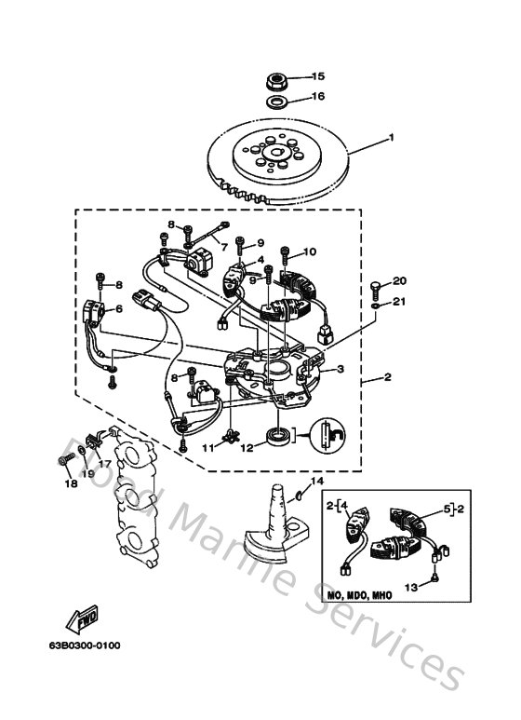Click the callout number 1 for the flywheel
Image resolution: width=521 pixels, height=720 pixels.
coord(391,137)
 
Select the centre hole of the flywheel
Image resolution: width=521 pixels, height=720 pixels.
coord(276,154)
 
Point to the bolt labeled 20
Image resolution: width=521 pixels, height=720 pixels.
coord(375,289)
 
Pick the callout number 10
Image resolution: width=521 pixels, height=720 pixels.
coord(310,251)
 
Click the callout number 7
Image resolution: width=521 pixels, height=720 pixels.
coord(224,247)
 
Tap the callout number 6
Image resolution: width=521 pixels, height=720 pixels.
coord(119,308)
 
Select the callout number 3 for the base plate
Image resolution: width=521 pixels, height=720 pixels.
coord(341,369)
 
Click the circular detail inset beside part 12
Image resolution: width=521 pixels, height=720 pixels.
coord(327,435)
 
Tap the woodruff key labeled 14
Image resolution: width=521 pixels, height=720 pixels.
coord(298,495)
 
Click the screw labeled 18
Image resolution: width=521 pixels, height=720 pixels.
coord(66,458)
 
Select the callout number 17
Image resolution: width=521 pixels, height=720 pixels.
coord(104,463)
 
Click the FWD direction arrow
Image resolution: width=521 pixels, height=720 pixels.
coord(83,619)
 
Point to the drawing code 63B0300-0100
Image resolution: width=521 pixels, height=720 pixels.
coord(85,645)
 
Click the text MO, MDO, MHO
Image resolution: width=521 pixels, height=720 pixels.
coord(359,595)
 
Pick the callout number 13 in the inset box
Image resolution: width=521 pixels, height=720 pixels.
coord(411,587)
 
